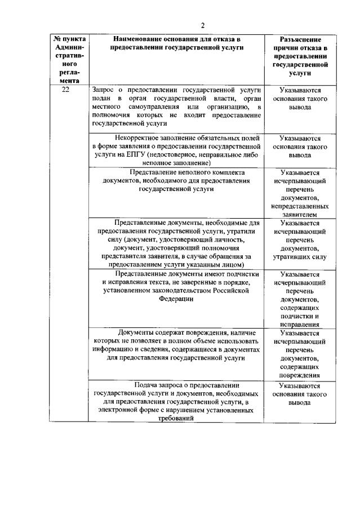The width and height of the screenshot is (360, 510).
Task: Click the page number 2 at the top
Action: tap(202, 24)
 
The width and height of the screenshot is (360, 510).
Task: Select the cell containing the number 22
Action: tap(66, 90)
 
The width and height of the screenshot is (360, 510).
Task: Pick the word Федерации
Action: tap(176, 299)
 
